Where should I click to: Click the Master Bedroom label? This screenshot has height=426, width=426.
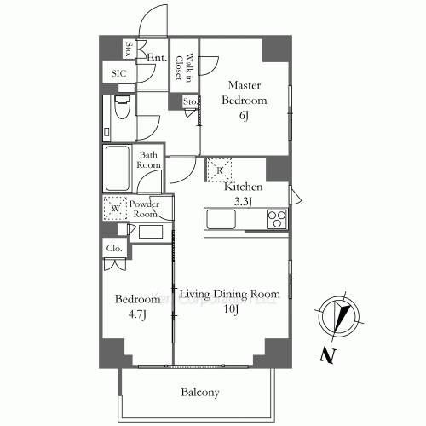coord(245,93)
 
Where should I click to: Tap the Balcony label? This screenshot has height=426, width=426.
coord(200,393)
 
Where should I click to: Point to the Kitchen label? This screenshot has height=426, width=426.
coord(244,187)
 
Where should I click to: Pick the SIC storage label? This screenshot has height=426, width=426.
coord(118,74)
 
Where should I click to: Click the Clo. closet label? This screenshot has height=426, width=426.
coord(114,249)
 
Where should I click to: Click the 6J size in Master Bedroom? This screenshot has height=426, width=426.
coord(245,115)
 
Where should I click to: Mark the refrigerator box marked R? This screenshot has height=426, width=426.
coord(220,169)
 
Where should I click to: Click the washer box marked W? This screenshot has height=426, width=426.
coord(114,207)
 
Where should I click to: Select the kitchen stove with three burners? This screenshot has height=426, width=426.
coord(276,221)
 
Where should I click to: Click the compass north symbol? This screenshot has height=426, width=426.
coord(338,314)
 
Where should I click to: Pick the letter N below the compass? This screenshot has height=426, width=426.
coord(325,356)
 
